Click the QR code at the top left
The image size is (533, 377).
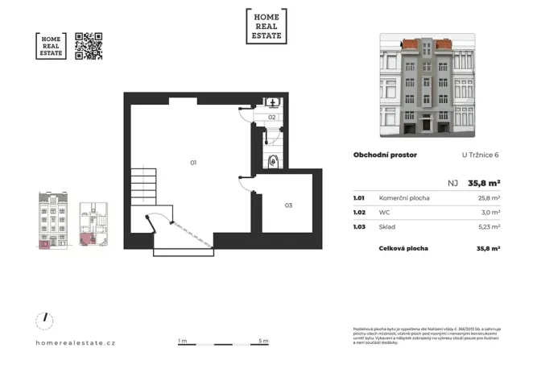point(89,47)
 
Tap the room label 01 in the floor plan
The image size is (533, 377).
point(193,163)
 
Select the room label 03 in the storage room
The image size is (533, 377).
point(288,205)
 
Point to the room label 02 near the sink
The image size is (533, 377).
point(272,118)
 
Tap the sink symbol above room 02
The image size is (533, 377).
point(273,102)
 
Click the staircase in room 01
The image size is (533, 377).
point(147,185)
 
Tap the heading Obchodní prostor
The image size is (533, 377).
point(384,155)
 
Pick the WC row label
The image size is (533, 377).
point(384,213)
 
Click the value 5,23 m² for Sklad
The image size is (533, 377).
point(488,228)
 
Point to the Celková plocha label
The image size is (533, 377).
point(403,249)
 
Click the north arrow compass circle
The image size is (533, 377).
point(46,321)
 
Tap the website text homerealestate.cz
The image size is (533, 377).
point(76,342)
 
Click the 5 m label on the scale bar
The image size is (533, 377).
point(264,341)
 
